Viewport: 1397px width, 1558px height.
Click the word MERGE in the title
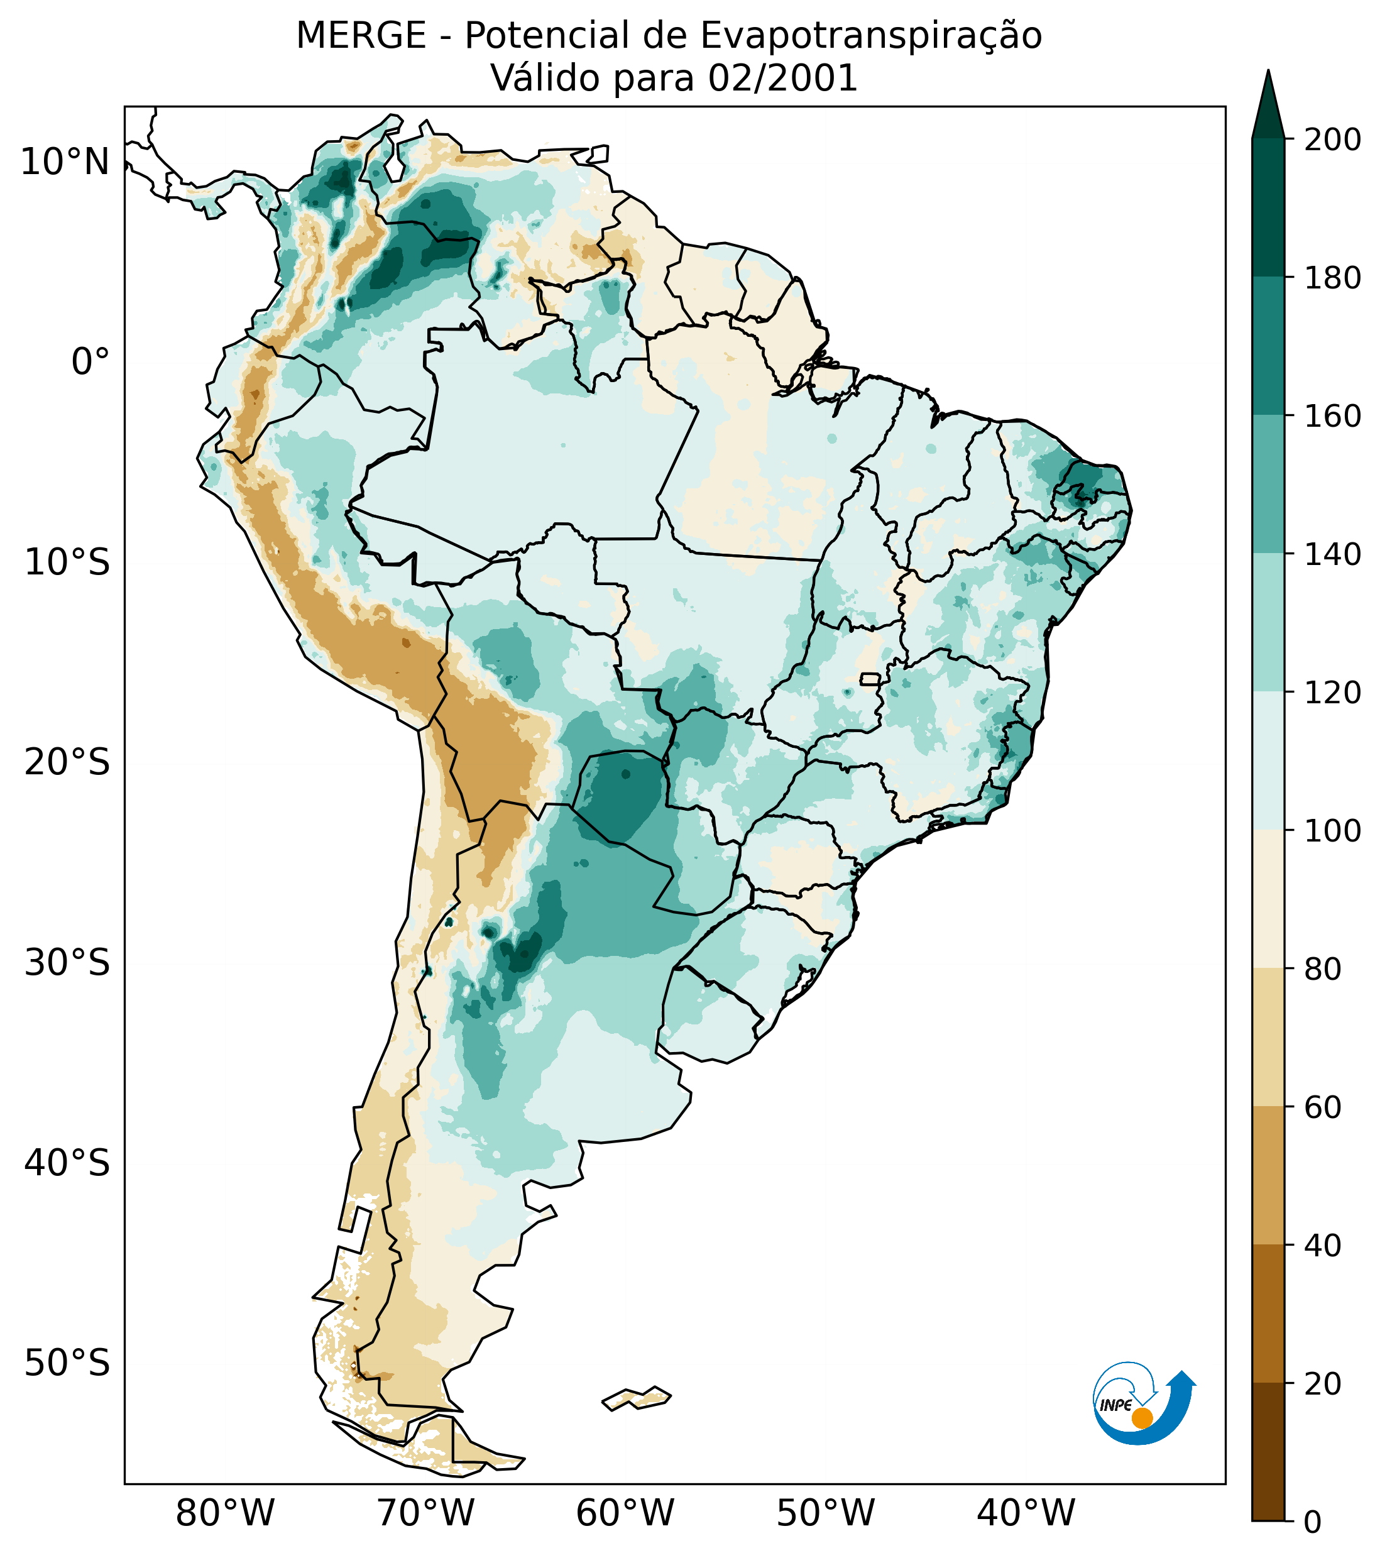(361, 36)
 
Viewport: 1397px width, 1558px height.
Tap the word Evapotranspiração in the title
(871, 36)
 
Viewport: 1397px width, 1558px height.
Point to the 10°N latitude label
(65, 162)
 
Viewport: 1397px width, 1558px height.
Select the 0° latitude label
(90, 361)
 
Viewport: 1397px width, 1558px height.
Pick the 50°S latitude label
(67, 1363)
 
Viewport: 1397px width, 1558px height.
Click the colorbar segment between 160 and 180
(1268, 346)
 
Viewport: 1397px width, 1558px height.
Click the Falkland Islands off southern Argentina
(637, 1398)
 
